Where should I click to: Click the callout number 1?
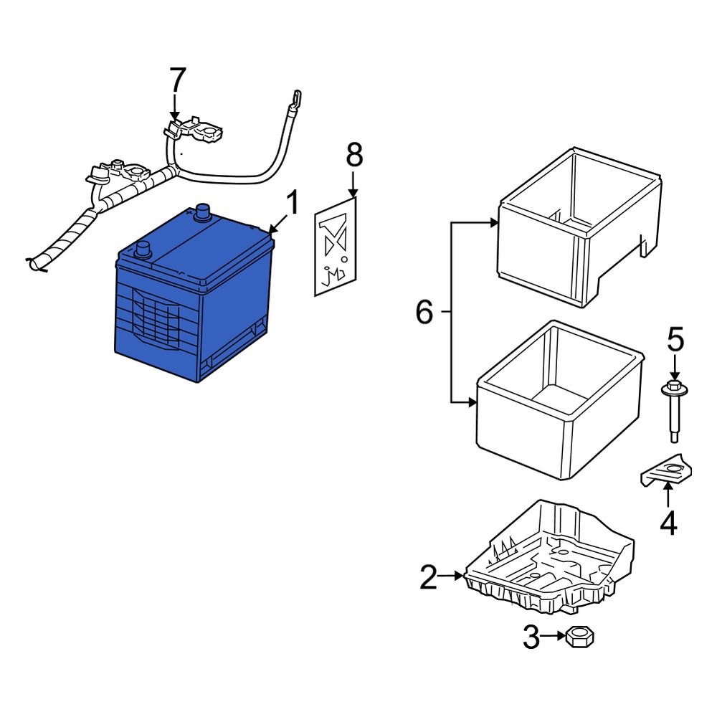(x=291, y=204)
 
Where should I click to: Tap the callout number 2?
(x=428, y=577)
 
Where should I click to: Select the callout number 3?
(x=531, y=637)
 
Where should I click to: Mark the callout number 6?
(x=425, y=313)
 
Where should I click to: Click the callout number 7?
(x=177, y=80)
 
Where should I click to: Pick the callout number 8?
(x=354, y=155)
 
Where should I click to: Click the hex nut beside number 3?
(x=577, y=637)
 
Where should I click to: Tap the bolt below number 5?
(x=675, y=416)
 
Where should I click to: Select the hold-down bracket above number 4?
(x=667, y=471)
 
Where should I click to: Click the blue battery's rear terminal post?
(x=202, y=212)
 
